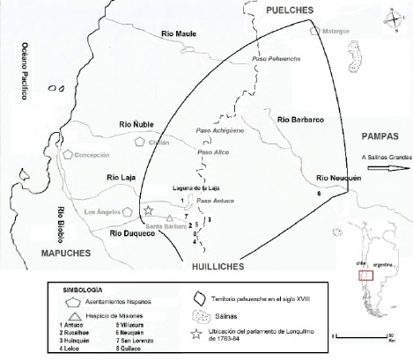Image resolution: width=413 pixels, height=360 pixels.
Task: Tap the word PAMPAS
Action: coord(380,136)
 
